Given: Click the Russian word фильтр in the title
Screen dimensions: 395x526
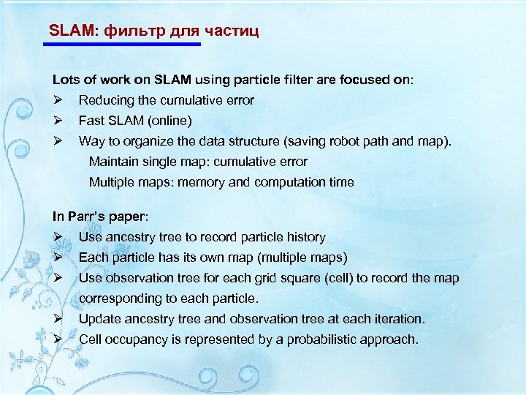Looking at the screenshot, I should point(129,31).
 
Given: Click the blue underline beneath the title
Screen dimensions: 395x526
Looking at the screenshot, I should point(122,45).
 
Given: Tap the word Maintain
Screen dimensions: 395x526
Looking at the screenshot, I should point(113,162).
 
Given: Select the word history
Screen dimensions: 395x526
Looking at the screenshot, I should point(304,237).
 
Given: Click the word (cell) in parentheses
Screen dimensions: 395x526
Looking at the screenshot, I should point(365,279).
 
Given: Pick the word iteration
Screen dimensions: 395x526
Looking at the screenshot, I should point(398,319).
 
